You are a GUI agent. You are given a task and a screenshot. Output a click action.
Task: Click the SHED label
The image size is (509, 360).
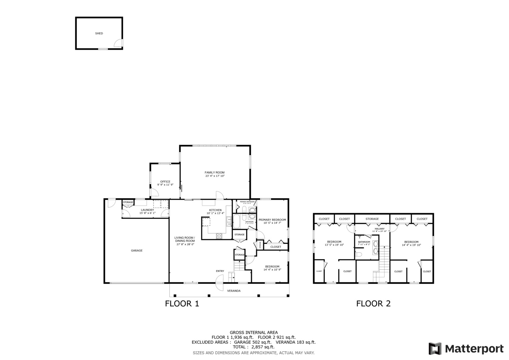pyautogui.click(x=99, y=33)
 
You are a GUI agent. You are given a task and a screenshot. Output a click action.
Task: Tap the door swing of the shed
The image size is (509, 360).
pyautogui.click(x=118, y=43)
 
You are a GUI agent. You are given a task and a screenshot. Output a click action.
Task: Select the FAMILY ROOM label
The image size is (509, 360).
pyautogui.click(x=215, y=173)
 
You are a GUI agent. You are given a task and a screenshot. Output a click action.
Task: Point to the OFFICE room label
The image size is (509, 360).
pyautogui.click(x=165, y=182)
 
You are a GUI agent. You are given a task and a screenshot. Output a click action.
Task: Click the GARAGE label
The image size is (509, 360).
pyautogui.click(x=137, y=251)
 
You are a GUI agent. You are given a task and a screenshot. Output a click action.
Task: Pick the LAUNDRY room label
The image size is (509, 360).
pyautogui.click(x=147, y=210)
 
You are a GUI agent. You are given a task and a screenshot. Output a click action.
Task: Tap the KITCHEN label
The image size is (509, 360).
pyautogui.click(x=215, y=210)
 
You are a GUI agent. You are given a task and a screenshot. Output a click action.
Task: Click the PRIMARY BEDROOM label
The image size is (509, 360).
pyautogui.click(x=272, y=220)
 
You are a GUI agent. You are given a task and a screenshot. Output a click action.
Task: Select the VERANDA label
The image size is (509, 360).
pyautogui.click(x=234, y=291)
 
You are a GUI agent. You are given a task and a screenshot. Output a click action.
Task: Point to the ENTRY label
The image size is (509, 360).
pyautogui.click(x=220, y=271)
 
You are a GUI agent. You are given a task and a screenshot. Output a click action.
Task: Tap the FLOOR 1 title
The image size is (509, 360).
pyautogui.click(x=182, y=304)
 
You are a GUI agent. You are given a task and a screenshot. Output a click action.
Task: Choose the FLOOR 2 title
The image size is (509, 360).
pyautogui.click(x=373, y=304)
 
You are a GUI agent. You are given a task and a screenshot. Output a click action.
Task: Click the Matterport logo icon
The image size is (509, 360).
pyautogui.click(x=435, y=349)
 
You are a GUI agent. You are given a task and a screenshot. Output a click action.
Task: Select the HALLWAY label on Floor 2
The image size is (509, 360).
pyautogui.click(x=379, y=229)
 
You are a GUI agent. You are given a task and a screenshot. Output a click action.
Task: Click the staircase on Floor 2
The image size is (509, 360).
pyautogui.click(x=384, y=263)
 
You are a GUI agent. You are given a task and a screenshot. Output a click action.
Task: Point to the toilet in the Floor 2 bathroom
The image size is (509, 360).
pyautogui.click(x=359, y=255)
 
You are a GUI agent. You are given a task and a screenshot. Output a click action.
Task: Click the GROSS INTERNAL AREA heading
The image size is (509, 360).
pyautogui.click(x=254, y=332)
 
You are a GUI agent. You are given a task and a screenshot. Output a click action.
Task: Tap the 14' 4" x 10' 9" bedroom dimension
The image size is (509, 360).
pyautogui.click(x=272, y=270)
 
